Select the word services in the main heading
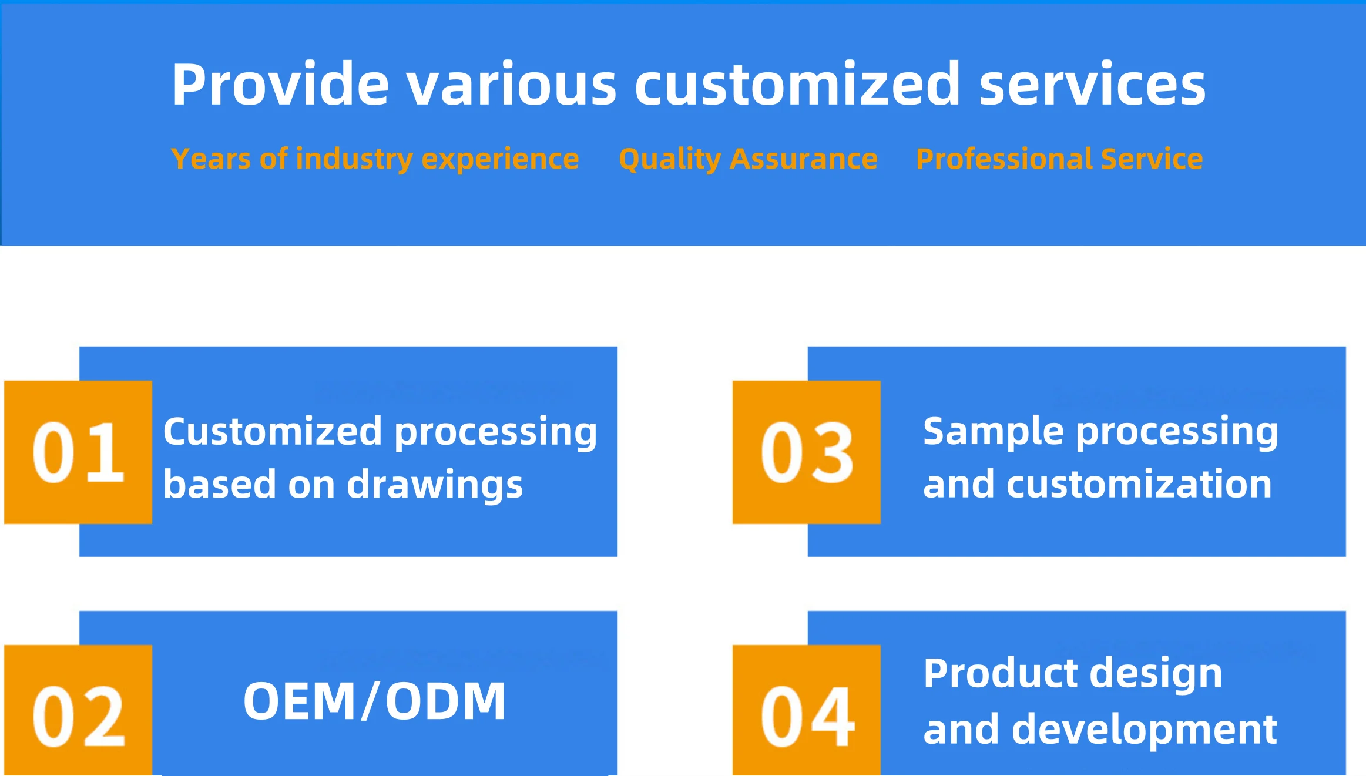1092,85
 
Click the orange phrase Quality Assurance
748,159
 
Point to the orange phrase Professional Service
1059,159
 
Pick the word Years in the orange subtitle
211,159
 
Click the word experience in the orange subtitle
500,159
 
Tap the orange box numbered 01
78,452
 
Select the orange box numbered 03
806,452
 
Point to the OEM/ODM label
374,701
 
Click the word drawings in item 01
435,485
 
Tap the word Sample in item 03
993,431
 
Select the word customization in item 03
1139,485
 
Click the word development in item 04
1145,730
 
